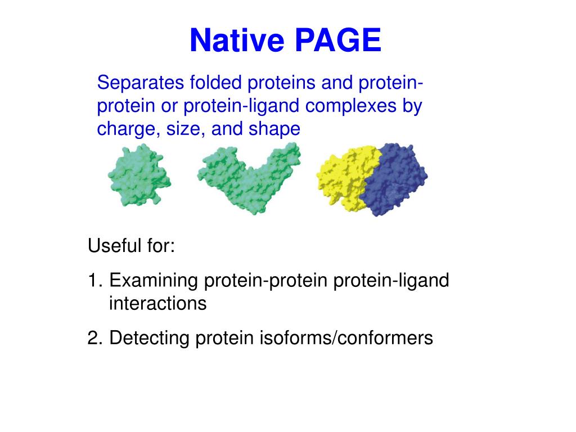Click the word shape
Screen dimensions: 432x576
(274, 129)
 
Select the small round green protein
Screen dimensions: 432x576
(138, 176)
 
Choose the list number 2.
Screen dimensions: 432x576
(93, 338)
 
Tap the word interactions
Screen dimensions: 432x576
(157, 304)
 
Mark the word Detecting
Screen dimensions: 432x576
(149, 338)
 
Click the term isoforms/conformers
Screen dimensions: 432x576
(346, 338)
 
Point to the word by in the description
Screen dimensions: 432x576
(412, 106)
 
